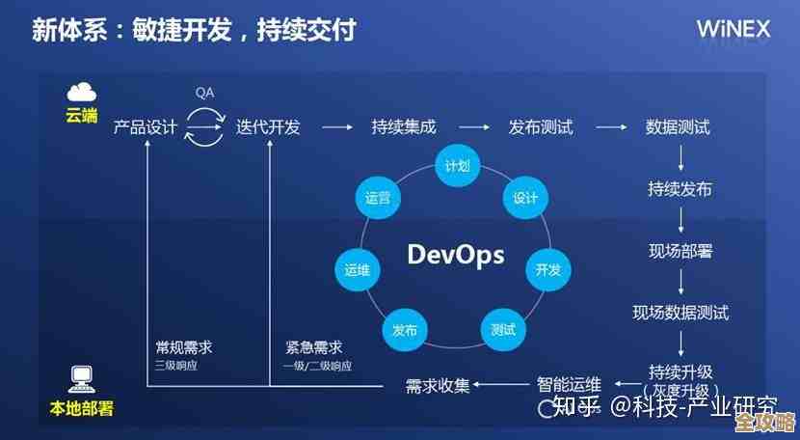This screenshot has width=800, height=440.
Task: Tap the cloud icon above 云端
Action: (82, 93)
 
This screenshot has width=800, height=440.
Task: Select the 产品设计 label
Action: (146, 127)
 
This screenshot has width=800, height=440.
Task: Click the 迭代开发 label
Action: (268, 127)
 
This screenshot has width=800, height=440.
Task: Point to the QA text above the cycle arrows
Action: (204, 94)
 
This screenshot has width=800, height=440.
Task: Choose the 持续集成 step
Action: (403, 127)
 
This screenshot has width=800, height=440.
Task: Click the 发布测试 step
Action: (541, 127)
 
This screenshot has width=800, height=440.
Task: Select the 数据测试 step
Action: (678, 127)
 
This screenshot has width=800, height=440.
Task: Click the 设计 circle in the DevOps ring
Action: (524, 198)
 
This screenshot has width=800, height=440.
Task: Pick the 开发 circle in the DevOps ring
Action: (547, 269)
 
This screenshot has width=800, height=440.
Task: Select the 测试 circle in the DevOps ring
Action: (502, 329)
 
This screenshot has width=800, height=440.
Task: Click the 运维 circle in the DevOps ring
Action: (357, 269)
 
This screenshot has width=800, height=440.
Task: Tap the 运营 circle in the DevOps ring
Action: (378, 198)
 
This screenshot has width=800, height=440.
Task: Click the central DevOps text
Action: (455, 254)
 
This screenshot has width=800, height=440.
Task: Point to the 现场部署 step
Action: (680, 252)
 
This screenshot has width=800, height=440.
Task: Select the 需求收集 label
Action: (438, 386)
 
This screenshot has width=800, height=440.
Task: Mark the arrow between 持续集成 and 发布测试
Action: (472, 127)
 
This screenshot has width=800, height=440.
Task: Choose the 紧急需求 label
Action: (313, 347)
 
